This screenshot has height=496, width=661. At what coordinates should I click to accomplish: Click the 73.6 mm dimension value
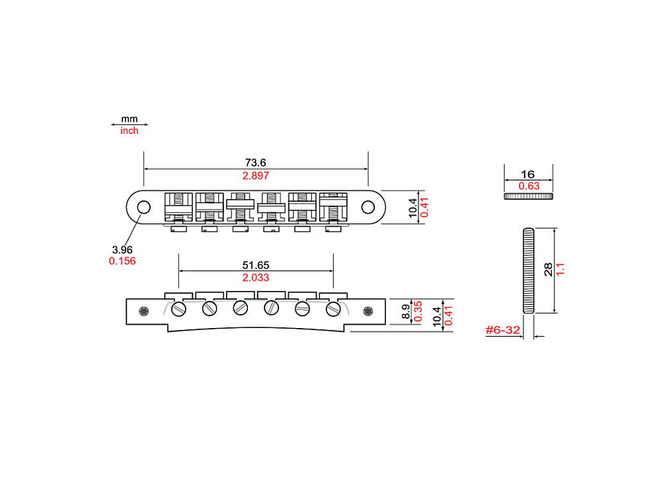pyautogui.click(x=256, y=162)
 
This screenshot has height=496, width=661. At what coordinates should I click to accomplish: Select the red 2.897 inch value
pyautogui.click(x=256, y=175)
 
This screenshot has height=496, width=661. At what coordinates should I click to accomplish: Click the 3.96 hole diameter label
pyautogui.click(x=122, y=249)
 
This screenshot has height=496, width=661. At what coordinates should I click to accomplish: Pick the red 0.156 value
pyautogui.click(x=122, y=261)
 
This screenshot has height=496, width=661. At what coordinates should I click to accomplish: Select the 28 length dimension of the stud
pyautogui.click(x=548, y=269)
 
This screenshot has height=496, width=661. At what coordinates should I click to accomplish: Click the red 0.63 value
pyautogui.click(x=528, y=186)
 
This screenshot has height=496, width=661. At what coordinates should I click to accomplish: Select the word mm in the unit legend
pyautogui.click(x=130, y=119)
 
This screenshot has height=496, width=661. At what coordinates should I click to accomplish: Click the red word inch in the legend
pyautogui.click(x=130, y=131)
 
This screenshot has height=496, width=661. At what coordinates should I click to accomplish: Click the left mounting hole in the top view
pyautogui.click(x=143, y=207)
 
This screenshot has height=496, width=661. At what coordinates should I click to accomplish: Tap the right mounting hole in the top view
pyautogui.click(x=368, y=207)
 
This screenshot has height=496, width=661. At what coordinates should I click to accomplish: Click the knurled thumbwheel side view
pyautogui.click(x=528, y=196)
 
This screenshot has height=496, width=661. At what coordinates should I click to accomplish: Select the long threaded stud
pyautogui.click(x=528, y=270)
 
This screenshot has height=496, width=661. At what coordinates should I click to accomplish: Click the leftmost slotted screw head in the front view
pyautogui.click(x=178, y=309)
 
